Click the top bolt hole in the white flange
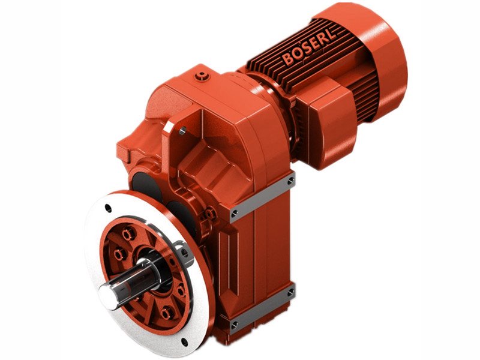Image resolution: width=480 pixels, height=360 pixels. point(107,208)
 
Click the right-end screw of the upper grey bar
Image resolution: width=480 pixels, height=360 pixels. point(291,179)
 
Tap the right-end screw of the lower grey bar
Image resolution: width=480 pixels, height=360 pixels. point(291,292)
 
